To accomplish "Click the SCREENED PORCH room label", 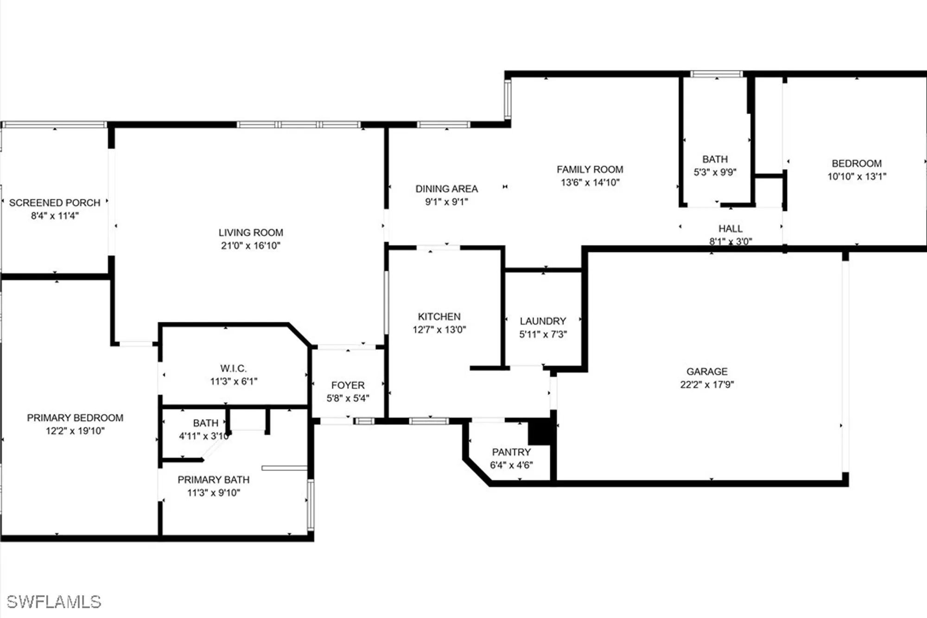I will (x=55, y=203).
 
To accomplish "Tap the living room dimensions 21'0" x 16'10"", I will (x=250, y=245).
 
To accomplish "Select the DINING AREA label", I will (x=446, y=189).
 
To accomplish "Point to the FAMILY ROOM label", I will (x=590, y=169).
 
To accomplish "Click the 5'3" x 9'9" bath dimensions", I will (x=715, y=172).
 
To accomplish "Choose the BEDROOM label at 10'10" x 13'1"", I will (x=856, y=163).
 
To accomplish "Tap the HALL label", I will (x=730, y=229).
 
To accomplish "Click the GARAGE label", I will (x=707, y=371).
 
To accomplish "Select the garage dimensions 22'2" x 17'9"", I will (x=707, y=384).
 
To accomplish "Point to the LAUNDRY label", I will (x=543, y=321).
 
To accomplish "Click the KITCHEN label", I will (x=439, y=317).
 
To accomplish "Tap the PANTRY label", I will (x=511, y=452).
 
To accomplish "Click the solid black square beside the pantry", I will (x=540, y=432).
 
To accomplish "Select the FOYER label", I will (x=348, y=385).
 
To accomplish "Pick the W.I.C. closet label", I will (x=233, y=369).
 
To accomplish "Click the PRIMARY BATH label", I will (x=213, y=480).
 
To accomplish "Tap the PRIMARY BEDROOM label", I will (x=75, y=418).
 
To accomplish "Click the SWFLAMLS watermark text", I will (x=54, y=602).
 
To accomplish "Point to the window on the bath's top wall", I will (x=716, y=74).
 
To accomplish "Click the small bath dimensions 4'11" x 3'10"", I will (x=204, y=436).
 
